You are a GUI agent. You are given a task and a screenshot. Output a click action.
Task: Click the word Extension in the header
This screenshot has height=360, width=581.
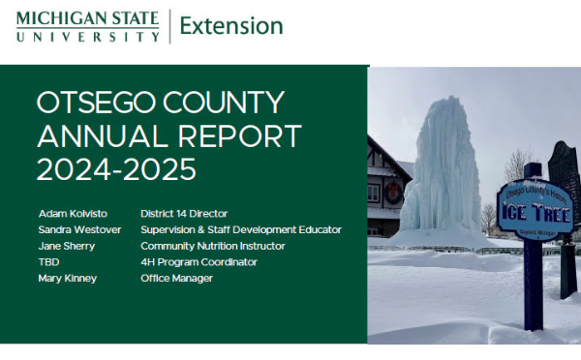click(231, 26)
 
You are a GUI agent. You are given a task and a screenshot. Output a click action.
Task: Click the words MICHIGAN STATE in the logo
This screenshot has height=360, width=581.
click(87, 16)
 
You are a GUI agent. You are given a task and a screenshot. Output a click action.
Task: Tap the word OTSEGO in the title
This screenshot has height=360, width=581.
click(94, 104)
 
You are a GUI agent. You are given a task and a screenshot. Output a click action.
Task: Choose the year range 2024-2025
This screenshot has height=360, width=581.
click(116, 169)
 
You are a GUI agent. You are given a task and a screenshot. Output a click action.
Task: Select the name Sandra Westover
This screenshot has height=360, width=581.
click(78, 229)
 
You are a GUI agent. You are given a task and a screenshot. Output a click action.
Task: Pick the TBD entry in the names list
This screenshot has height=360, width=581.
click(47, 262)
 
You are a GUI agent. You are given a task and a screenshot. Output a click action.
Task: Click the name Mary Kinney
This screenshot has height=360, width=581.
click(67, 279)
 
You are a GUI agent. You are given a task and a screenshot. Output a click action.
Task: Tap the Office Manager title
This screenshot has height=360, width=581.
click(176, 279)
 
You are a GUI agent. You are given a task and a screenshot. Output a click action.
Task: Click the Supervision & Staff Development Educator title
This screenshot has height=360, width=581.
click(240, 229)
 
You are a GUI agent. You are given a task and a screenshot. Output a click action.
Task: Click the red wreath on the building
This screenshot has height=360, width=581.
click(394, 193)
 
